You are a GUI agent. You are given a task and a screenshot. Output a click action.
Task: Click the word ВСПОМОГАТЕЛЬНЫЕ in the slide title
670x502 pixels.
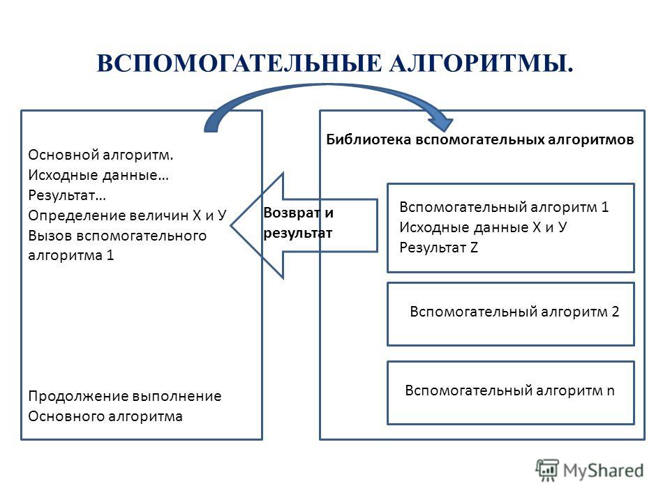(239, 63)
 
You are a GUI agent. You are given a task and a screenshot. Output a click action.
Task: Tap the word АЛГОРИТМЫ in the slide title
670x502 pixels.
(481, 63)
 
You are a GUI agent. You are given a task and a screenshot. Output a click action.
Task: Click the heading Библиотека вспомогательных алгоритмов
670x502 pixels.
(480, 139)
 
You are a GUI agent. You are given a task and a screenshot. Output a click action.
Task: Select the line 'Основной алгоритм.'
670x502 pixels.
(100, 155)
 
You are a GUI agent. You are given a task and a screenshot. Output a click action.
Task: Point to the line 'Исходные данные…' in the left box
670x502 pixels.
(98, 175)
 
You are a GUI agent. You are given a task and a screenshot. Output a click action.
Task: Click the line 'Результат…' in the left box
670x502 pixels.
(67, 195)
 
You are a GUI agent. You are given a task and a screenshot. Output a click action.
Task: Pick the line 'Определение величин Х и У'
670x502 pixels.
(127, 215)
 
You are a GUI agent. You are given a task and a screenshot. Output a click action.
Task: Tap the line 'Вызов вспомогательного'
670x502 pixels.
(117, 236)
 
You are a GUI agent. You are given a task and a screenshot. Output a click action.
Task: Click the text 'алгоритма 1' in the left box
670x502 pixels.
(71, 255)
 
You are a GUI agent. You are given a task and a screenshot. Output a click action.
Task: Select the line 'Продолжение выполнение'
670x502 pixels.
(125, 396)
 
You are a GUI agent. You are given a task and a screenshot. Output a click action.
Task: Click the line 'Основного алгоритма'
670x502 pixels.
(105, 416)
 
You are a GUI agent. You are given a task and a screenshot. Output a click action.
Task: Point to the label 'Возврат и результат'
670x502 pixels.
(298, 223)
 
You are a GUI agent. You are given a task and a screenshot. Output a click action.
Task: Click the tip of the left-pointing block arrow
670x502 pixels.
(232, 226)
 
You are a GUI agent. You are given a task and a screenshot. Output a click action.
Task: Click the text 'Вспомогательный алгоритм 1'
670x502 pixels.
(504, 207)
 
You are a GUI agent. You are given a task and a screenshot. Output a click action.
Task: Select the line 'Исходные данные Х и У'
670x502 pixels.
(483, 227)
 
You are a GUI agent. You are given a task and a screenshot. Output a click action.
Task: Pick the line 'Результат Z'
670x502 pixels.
(438, 247)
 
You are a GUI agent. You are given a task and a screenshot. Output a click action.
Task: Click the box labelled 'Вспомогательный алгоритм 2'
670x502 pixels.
(511, 314)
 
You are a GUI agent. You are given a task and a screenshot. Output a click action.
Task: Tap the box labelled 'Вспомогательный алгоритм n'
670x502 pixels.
(511, 393)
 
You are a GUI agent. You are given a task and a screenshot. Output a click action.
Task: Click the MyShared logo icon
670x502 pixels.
(547, 471)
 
